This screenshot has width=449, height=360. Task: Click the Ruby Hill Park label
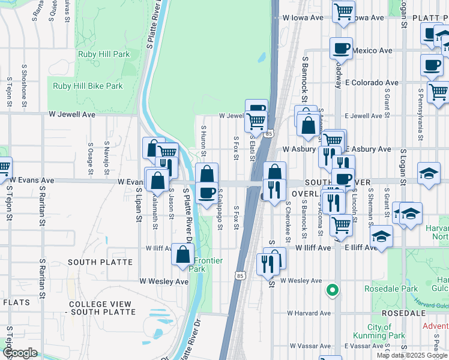[x=104, y=54]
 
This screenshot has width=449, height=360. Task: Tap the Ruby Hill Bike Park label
[x=88, y=86]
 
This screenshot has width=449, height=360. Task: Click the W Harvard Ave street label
[x=309, y=313]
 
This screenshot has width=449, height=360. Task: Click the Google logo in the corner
[x=20, y=353]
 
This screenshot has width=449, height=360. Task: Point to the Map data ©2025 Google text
[x=411, y=355]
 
